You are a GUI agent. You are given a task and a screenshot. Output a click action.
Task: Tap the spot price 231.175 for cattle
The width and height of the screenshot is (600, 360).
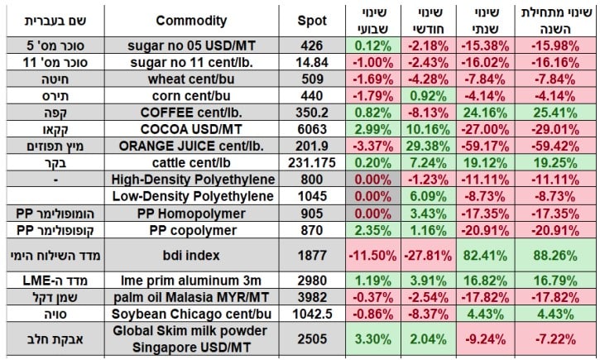[x=312, y=163]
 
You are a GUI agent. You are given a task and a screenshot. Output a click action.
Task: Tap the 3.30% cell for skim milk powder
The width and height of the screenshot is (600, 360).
[x=370, y=338]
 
